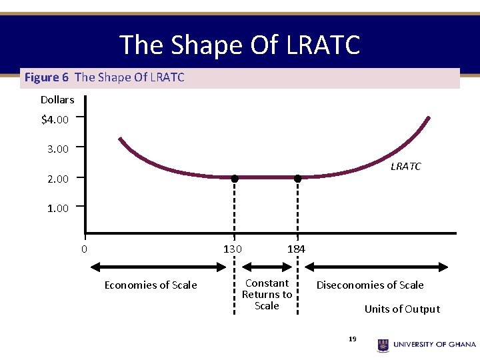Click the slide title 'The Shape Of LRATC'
[240, 45]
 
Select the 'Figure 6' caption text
[47, 77]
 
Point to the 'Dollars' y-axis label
[57, 100]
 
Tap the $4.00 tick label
[55, 121]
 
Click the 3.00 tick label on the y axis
[58, 149]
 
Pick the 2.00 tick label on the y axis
[58, 179]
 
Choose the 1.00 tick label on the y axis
[58, 209]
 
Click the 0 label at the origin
[84, 249]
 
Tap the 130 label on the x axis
[233, 249]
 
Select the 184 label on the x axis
[296, 249]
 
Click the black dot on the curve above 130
[235, 178]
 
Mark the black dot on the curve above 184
[297, 178]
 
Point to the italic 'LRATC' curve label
[405, 167]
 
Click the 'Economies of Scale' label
[151, 285]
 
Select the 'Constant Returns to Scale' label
[267, 294]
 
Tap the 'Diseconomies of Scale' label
[370, 285]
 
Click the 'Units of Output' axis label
[402, 309]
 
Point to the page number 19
[353, 339]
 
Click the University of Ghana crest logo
[383, 345]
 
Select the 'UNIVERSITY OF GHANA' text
[435, 345]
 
